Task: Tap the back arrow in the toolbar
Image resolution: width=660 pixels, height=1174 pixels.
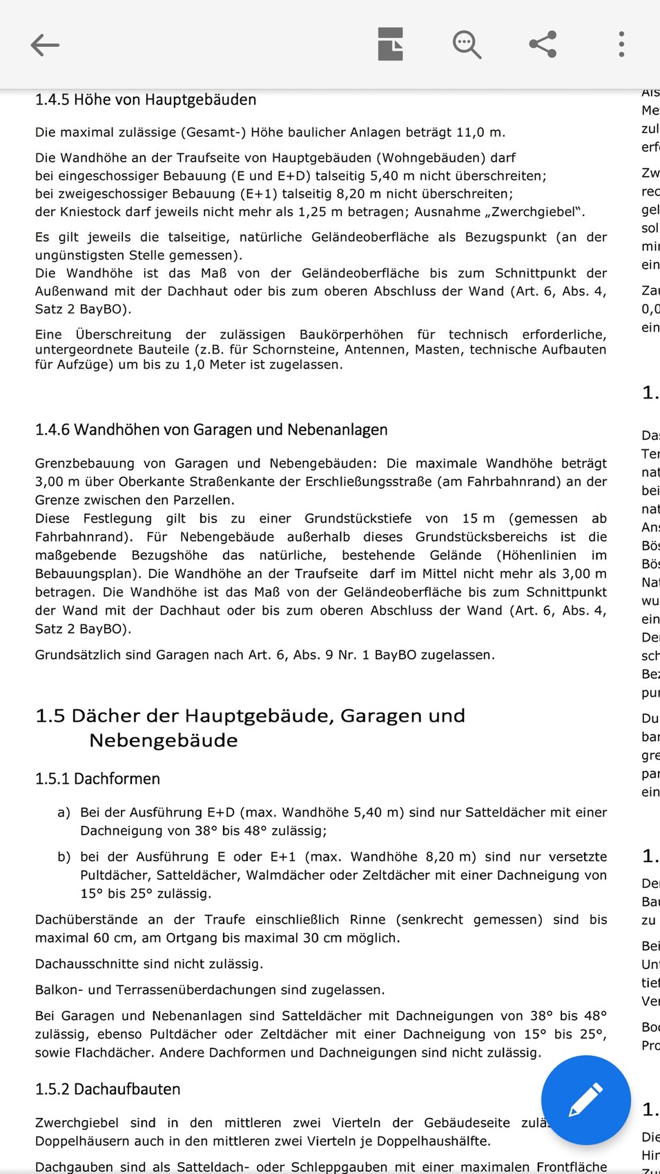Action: tap(46, 45)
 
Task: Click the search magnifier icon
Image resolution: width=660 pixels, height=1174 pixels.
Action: tap(467, 45)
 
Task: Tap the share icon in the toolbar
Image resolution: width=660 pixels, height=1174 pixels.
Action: tap(543, 44)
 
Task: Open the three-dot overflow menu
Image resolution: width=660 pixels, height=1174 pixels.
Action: tap(621, 44)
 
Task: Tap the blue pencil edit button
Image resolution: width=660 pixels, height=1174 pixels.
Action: tap(585, 1100)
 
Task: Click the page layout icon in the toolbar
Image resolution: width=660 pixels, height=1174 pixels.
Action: tap(391, 44)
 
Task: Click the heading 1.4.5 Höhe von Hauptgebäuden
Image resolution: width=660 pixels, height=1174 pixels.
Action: tap(146, 99)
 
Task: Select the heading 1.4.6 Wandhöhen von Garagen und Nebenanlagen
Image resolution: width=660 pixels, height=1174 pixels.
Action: tap(211, 430)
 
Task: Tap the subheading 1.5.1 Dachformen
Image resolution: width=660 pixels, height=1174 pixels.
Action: tap(97, 778)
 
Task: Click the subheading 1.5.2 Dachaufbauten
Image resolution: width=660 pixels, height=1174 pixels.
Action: tap(108, 1089)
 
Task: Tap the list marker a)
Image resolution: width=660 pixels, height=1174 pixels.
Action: tap(64, 813)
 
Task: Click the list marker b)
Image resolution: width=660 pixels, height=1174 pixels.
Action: tap(64, 857)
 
